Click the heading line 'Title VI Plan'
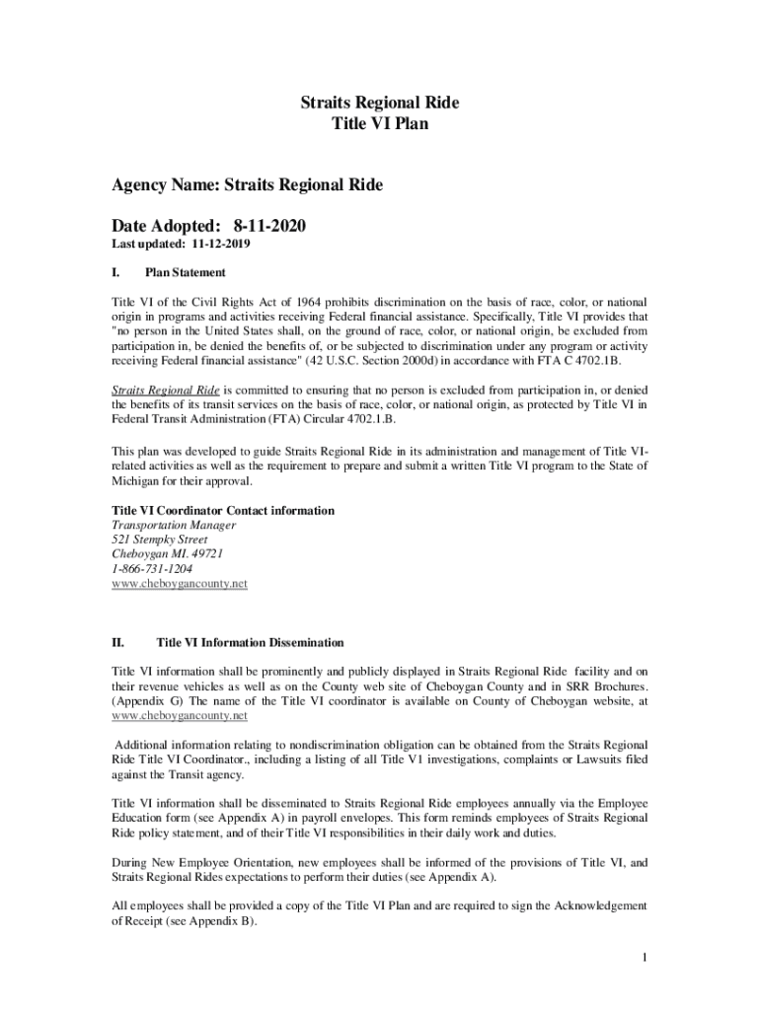tap(380, 125)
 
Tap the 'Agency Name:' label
tap(165, 184)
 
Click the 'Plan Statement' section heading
tap(185, 272)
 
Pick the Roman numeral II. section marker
tap(117, 643)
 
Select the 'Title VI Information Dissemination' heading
tap(250, 643)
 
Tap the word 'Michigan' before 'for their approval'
tap(138, 482)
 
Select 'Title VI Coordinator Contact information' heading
tap(222, 511)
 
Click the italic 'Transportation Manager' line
tap(173, 526)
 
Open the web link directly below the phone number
tap(179, 584)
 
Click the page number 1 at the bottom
tap(644, 958)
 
